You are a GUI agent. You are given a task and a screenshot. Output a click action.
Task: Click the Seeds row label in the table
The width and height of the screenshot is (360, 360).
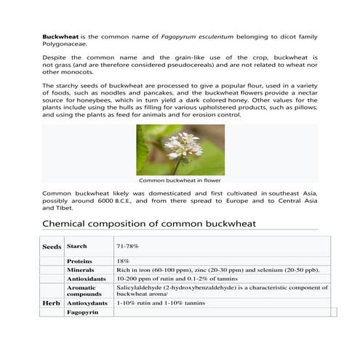(52, 247)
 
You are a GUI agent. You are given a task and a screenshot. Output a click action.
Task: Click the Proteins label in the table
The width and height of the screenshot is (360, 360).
(80, 260)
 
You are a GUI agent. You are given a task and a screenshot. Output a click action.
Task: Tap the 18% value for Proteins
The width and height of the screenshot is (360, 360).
(123, 260)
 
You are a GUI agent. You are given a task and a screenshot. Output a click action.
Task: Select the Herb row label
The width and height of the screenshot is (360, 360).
(51, 302)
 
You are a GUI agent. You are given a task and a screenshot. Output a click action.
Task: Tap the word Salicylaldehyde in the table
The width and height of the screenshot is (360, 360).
(141, 287)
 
